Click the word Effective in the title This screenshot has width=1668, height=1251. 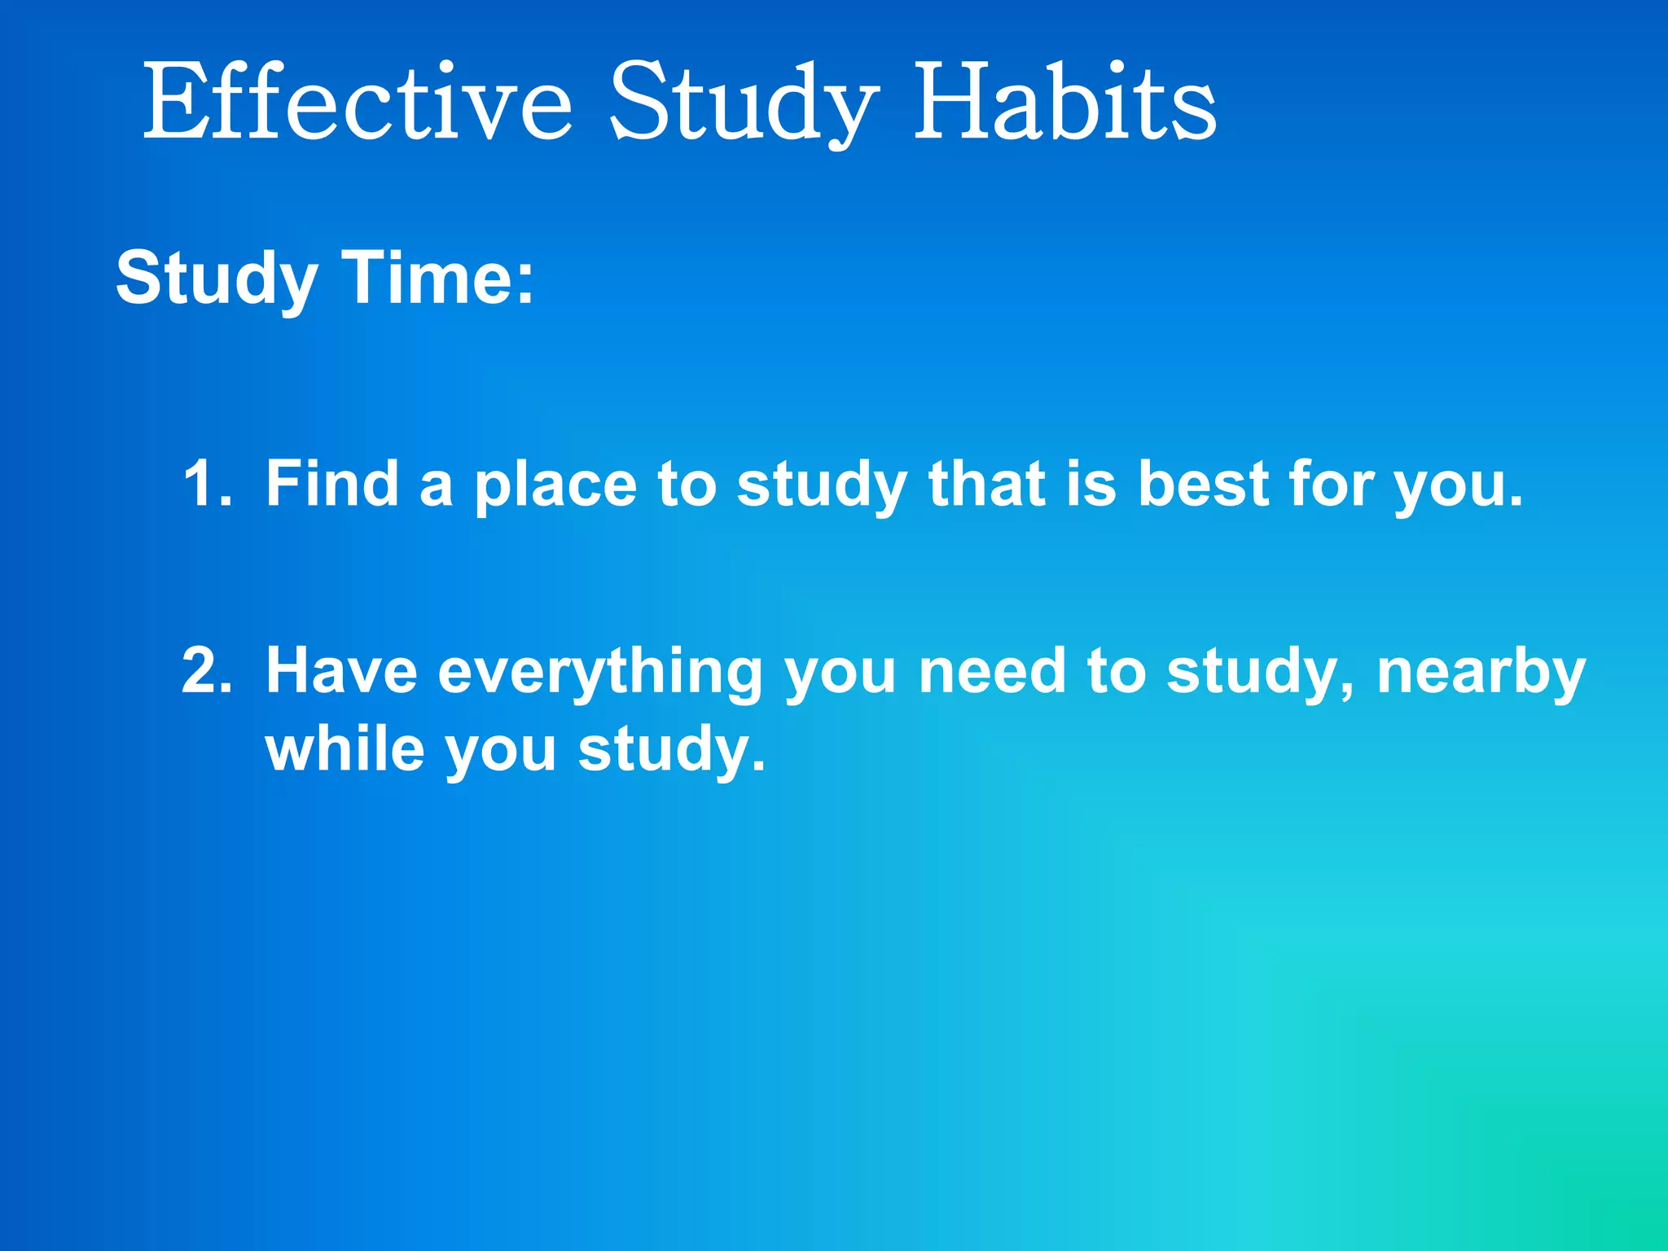(357, 103)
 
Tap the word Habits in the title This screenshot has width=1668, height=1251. (1065, 103)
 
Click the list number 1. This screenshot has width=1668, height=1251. (207, 484)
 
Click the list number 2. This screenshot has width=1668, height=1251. (207, 671)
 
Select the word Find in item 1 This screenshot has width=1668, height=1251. (331, 484)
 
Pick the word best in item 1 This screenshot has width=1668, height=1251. (1203, 484)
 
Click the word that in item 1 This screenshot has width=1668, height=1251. (986, 484)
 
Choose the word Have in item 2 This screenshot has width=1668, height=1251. (341, 671)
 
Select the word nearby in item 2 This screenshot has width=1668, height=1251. (1481, 673)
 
